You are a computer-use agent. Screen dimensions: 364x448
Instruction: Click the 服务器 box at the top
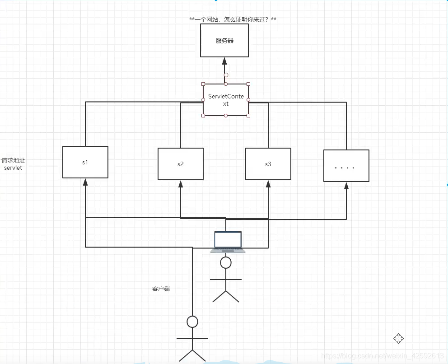point(224,41)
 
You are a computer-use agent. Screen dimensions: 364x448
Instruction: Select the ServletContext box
point(226,100)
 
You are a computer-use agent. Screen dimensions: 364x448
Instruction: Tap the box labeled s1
point(85,162)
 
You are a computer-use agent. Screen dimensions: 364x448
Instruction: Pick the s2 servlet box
point(181,164)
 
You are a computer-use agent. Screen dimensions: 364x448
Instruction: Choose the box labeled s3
point(268,164)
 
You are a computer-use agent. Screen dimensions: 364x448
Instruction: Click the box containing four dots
point(346,166)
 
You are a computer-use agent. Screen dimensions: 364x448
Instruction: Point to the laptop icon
point(228,242)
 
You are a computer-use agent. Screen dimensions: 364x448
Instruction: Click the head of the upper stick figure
point(226,262)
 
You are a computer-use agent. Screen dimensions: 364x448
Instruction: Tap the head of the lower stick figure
point(192,322)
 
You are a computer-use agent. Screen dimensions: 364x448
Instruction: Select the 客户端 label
point(161,289)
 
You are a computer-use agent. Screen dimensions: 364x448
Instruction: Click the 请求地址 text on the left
point(13,160)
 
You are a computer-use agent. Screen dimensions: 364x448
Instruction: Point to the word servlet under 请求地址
point(13,168)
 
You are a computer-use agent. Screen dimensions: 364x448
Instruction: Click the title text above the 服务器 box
point(233,19)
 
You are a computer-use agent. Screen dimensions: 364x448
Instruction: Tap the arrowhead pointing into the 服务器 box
point(224,61)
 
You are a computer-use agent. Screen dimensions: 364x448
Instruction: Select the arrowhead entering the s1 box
point(85,182)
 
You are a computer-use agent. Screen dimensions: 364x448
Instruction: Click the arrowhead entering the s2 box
point(181,184)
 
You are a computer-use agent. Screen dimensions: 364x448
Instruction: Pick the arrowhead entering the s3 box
point(268,184)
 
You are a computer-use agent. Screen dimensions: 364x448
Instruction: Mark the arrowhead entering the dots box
point(346,186)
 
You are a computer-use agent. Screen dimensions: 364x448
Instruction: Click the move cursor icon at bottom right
point(398,338)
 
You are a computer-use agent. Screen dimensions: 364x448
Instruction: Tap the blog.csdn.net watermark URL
point(382,356)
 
